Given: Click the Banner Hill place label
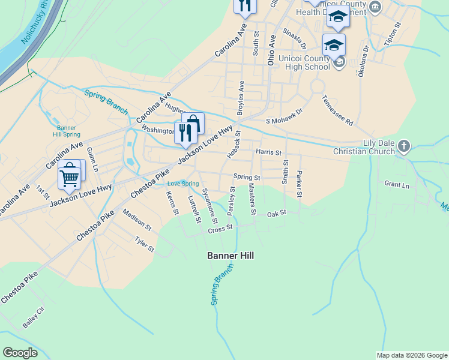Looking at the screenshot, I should [231, 256].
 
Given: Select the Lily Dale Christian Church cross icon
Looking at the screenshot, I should [405, 146].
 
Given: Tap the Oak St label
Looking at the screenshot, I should [277, 214].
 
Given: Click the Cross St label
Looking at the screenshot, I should [220, 229].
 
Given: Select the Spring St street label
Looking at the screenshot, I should [247, 178].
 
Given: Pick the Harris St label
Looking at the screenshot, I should [268, 152].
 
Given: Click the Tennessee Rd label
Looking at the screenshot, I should [337, 109].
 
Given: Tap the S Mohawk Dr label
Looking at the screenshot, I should [285, 120].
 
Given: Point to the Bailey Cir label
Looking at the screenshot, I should [34, 317].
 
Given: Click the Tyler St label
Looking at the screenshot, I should [145, 244].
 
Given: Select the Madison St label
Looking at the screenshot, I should [137, 220].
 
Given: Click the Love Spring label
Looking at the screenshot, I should [182, 183].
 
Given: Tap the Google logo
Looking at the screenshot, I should [21, 353].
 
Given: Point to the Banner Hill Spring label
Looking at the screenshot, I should [66, 131].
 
